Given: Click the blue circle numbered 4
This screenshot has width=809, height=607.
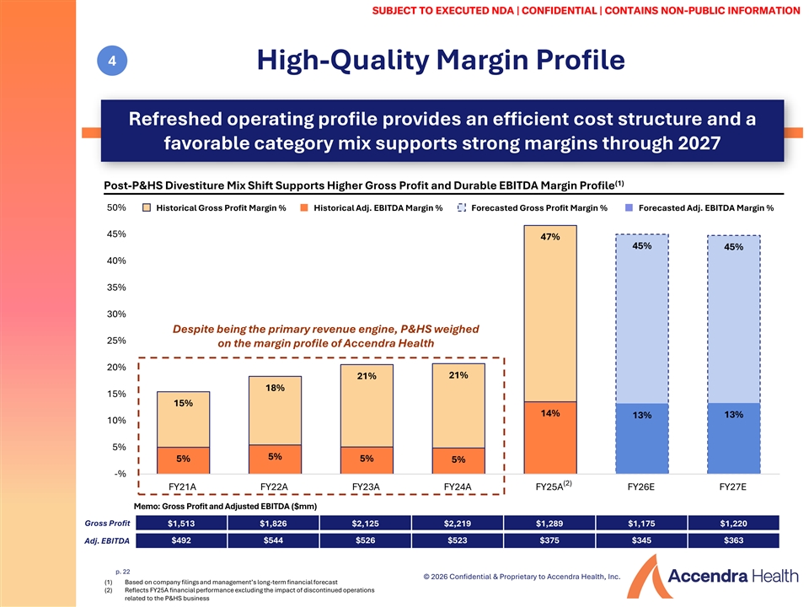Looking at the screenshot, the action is (x=112, y=61).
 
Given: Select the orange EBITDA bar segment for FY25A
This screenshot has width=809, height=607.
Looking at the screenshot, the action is (x=550, y=438).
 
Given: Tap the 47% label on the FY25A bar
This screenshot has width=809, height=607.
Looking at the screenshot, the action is (x=550, y=237).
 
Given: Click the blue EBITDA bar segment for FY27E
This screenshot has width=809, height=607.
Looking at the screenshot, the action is (x=733, y=438).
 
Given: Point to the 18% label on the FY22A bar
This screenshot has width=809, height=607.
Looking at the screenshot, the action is (x=275, y=388).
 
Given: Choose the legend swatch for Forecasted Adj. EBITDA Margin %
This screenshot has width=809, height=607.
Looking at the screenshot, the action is (x=629, y=207).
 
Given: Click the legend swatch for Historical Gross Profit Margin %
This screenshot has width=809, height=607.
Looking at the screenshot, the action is (x=147, y=207).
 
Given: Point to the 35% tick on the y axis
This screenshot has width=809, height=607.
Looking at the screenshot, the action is (x=116, y=287).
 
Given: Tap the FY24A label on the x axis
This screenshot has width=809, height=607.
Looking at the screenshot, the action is (x=458, y=486).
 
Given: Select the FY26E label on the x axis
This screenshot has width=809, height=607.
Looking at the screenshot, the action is (x=640, y=486).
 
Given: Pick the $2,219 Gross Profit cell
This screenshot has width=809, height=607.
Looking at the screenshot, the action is (x=458, y=523).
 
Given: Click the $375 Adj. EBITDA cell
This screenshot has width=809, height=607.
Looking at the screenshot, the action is (x=549, y=540).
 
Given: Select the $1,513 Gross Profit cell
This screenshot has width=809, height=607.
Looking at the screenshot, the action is (x=181, y=523).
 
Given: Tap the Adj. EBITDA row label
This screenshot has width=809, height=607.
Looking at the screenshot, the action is (x=107, y=541).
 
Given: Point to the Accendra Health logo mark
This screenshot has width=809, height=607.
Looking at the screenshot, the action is (x=646, y=577).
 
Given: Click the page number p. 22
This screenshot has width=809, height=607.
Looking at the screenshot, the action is (x=123, y=572).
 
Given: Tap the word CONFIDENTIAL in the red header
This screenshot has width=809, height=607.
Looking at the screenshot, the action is (x=560, y=10).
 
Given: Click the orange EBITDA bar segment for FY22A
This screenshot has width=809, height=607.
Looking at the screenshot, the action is (x=275, y=459).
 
